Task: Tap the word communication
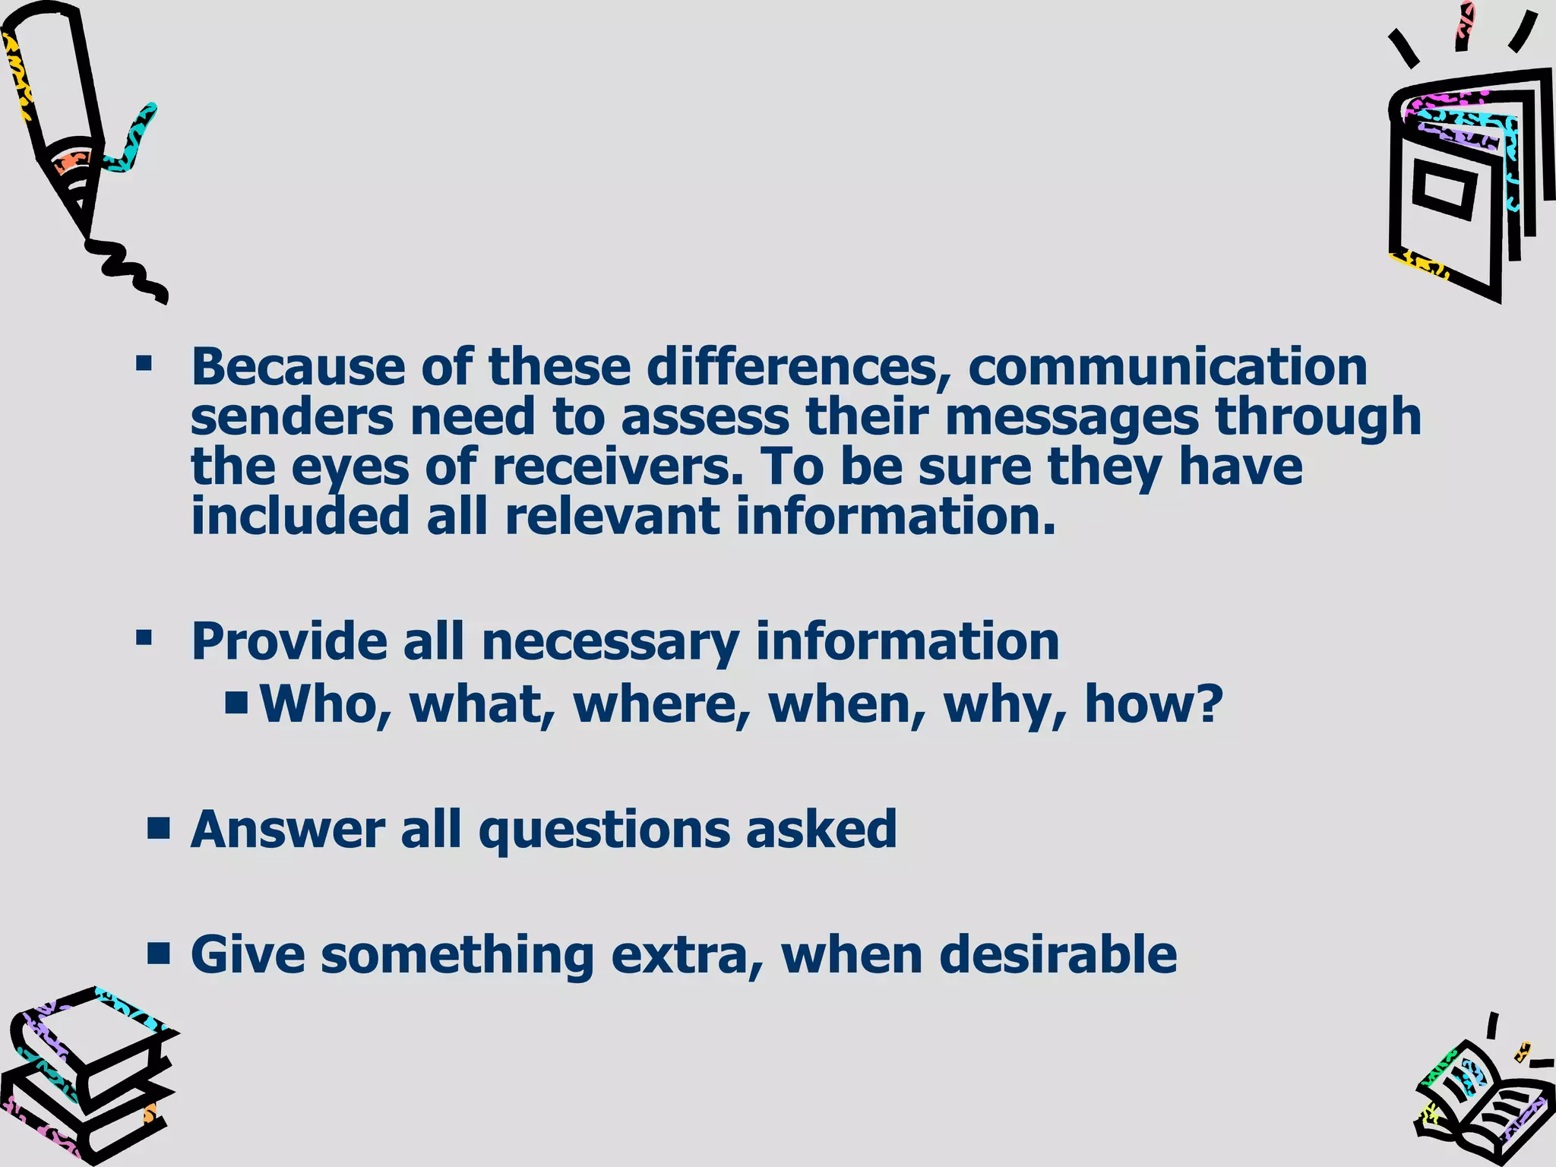(x=1167, y=367)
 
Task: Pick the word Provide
(x=289, y=641)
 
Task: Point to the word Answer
(x=287, y=829)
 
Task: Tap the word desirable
(x=1058, y=954)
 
